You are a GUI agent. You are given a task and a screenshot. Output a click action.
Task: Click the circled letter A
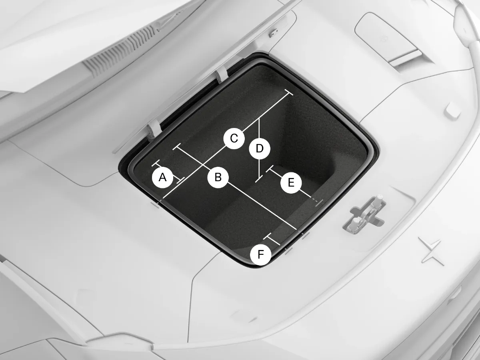(x=162, y=177)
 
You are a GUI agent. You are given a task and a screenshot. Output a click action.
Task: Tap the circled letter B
(x=218, y=177)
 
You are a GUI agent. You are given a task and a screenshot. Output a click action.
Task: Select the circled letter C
(x=234, y=138)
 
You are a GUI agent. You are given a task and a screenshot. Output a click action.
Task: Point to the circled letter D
(x=260, y=149)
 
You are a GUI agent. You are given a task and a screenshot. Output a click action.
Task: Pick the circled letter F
(x=260, y=254)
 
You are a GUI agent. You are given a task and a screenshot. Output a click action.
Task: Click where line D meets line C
(x=260, y=118)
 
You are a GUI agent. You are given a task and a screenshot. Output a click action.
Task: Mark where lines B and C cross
(x=204, y=166)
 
